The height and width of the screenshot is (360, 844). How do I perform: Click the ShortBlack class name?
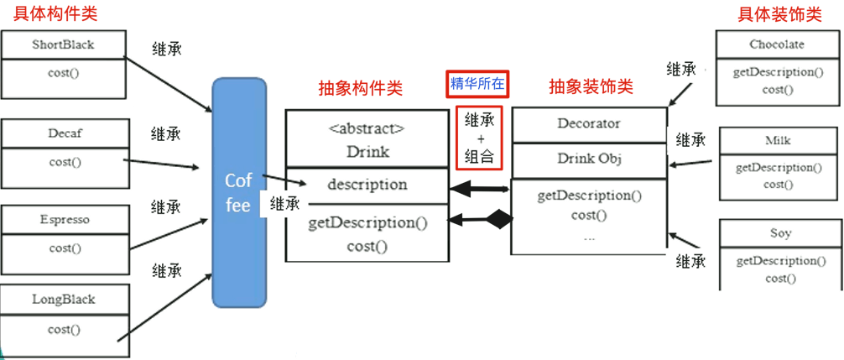point(63,44)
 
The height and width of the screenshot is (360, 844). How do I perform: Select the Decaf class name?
point(65,133)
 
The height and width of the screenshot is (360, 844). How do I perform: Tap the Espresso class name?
point(65,219)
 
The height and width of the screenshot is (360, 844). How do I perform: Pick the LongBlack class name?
point(64,299)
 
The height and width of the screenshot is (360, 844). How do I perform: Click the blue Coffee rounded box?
point(238,193)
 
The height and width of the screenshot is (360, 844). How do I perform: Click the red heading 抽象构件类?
point(361,88)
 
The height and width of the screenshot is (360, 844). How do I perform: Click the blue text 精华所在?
point(478,84)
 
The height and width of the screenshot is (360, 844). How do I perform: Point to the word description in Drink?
point(367,184)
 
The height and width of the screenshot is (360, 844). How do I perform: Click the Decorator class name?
point(588,123)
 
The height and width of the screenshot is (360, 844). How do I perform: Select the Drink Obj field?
point(588,159)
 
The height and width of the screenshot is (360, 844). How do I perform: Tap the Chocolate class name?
point(776,44)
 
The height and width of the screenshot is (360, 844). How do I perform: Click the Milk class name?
point(778,140)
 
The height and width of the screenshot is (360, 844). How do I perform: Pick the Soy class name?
point(779,232)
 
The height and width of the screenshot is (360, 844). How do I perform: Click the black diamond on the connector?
point(501,221)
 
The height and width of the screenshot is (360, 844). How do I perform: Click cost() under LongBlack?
point(64,329)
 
